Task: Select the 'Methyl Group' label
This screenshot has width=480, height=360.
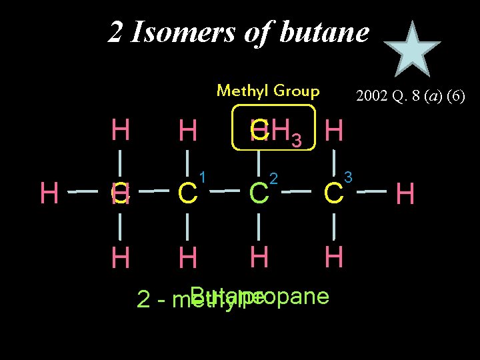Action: point(268,90)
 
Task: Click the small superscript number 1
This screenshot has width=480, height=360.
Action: point(203,177)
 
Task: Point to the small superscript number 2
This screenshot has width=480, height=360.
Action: point(273,177)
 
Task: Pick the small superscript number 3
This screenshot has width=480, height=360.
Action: point(348,177)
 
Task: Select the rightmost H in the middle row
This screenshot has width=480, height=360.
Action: point(406,194)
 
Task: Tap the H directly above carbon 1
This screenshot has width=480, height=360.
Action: point(187,131)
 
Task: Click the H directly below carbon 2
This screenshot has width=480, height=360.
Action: point(259,256)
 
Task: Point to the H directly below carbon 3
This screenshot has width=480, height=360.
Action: point(333,257)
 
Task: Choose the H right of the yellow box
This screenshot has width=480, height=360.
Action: point(333,131)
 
